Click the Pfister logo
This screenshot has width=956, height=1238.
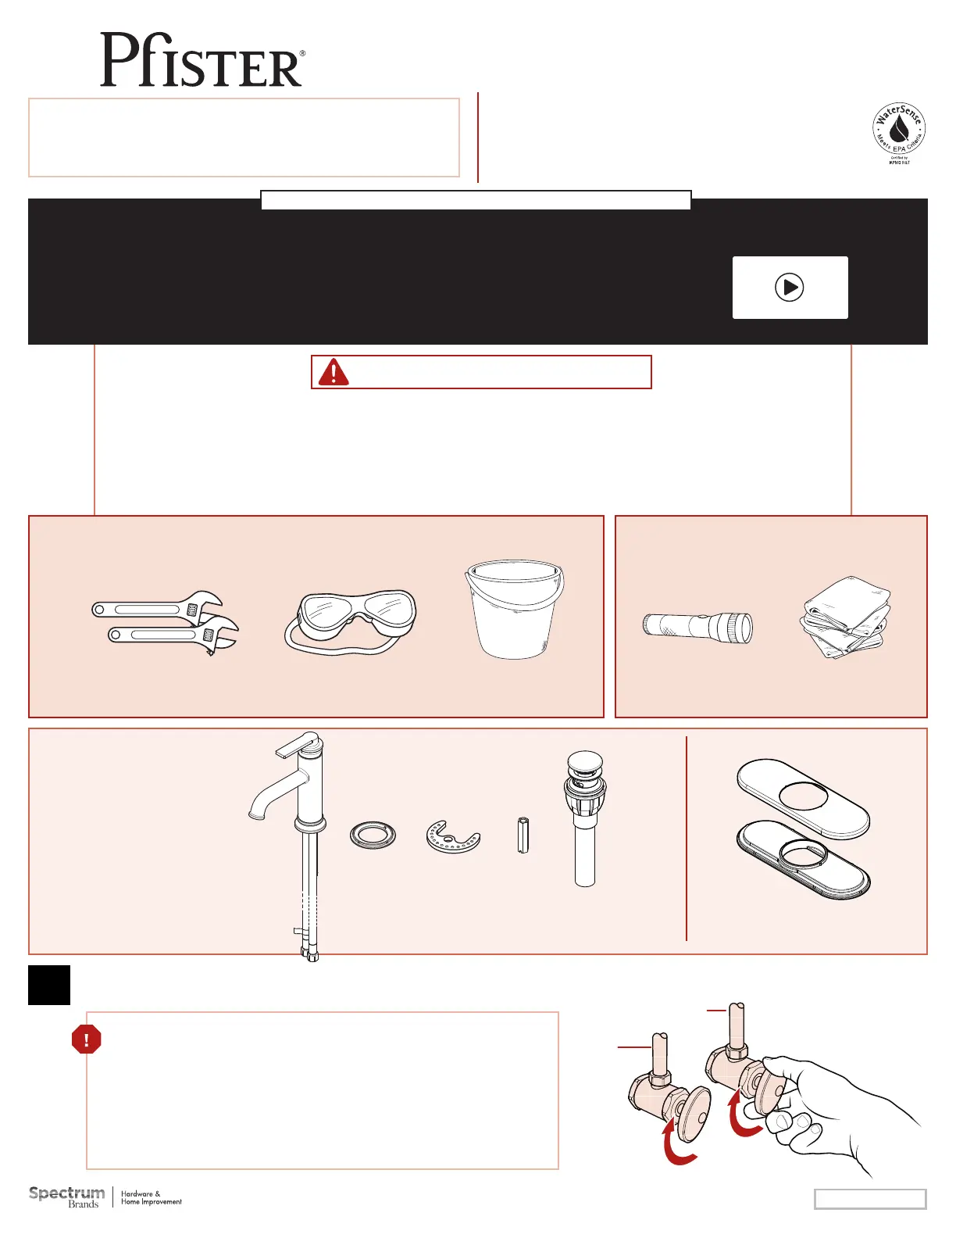tap(202, 60)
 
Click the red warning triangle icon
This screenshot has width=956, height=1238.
tap(334, 372)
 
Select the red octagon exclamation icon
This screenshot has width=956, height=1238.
tap(86, 1039)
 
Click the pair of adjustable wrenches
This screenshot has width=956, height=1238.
tap(166, 622)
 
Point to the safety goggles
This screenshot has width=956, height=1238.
tap(351, 621)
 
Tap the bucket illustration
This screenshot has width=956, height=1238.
tap(514, 609)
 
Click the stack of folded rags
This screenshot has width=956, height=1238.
tap(845, 617)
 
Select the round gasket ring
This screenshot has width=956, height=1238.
tap(373, 835)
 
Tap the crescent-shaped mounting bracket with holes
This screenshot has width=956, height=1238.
tap(453, 837)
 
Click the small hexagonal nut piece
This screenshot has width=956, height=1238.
tap(523, 835)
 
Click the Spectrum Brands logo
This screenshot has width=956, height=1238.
tap(67, 1197)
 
